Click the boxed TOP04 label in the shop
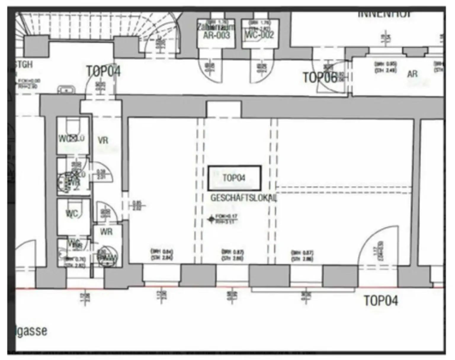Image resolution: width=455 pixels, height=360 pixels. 234,178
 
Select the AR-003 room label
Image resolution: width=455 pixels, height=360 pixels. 217,35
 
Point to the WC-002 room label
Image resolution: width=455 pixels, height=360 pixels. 260,35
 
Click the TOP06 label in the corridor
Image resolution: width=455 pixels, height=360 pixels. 320,77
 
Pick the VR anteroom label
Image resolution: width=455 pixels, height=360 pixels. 103,140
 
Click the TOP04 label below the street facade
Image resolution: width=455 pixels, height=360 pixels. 381,300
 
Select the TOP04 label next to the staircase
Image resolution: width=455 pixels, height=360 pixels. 103,71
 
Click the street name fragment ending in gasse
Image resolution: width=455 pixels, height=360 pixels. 31,331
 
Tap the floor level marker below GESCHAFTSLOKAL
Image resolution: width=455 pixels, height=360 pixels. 211,219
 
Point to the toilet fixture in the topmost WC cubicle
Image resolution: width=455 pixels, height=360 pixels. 73,127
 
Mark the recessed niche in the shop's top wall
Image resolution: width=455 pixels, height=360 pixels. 224,109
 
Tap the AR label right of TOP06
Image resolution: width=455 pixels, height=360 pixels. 412,74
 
